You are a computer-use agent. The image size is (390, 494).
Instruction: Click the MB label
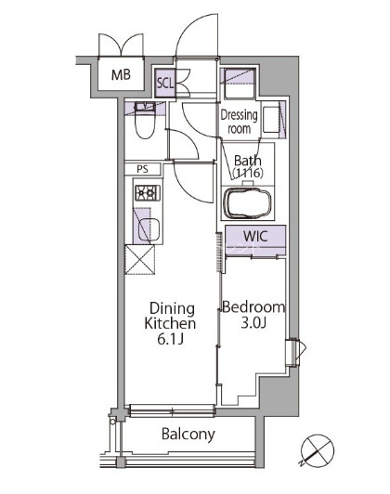[x=121, y=75]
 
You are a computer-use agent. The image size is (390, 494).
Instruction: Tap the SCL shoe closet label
[x=165, y=84]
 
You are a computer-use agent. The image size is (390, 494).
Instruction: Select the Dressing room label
[x=239, y=122]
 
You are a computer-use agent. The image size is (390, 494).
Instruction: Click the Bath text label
[x=248, y=161]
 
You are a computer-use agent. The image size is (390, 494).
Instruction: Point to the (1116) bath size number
[x=248, y=173]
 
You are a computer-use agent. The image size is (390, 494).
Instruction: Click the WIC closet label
[x=255, y=236]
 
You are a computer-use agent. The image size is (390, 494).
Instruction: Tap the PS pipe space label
[x=142, y=169]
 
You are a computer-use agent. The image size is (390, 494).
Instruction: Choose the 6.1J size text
[x=171, y=339]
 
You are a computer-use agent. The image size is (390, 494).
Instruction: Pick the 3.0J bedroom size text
[x=253, y=323]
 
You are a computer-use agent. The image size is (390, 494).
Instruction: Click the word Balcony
[x=188, y=435]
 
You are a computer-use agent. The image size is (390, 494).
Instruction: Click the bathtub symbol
[x=247, y=203]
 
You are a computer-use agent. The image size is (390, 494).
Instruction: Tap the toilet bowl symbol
[x=145, y=120]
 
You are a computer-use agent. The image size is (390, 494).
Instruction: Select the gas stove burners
[x=148, y=193]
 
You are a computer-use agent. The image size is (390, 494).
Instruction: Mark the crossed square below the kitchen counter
[x=140, y=260]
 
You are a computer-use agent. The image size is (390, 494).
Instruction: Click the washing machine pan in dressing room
[x=238, y=83]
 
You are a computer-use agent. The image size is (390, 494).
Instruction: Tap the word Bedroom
[x=253, y=306]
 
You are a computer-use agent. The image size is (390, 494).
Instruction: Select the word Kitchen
[x=170, y=323]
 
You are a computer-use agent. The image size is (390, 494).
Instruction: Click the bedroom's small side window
[x=295, y=352]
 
